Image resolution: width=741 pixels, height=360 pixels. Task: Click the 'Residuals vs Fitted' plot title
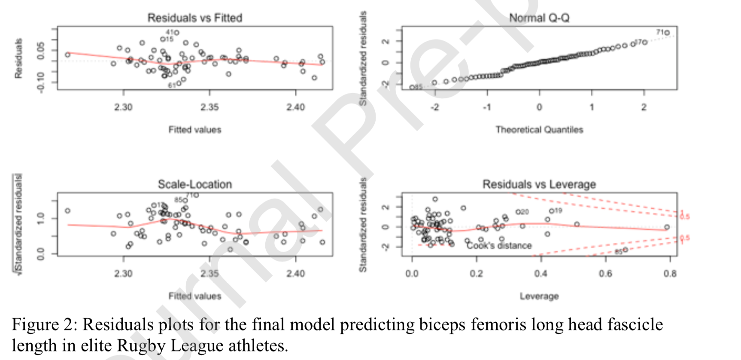[x=195, y=18]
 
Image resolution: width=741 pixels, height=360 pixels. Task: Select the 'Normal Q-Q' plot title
[x=539, y=18]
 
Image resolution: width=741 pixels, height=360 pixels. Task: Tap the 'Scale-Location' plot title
[x=195, y=184]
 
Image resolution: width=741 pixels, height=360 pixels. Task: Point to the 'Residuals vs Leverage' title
[x=539, y=184]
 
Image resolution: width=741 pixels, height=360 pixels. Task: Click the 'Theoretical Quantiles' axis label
[x=539, y=130]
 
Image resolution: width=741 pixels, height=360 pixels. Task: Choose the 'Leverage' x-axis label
[x=539, y=296]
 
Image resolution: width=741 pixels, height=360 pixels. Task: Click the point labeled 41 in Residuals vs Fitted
[x=176, y=33]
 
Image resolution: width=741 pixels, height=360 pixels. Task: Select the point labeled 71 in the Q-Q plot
[x=667, y=33]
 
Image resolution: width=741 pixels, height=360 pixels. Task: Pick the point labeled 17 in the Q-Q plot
[x=644, y=42]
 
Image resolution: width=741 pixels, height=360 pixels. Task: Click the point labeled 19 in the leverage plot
[x=551, y=211]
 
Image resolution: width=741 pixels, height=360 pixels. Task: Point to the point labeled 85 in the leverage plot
[x=625, y=250]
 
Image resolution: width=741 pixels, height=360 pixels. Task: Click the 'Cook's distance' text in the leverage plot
[x=499, y=246]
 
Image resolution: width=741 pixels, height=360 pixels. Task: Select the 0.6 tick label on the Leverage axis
[x=605, y=274]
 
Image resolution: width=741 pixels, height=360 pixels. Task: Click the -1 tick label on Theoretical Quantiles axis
[x=486, y=107]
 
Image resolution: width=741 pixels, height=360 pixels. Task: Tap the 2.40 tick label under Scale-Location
[x=295, y=274]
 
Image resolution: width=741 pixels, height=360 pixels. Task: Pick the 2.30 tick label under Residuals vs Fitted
[x=123, y=107]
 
